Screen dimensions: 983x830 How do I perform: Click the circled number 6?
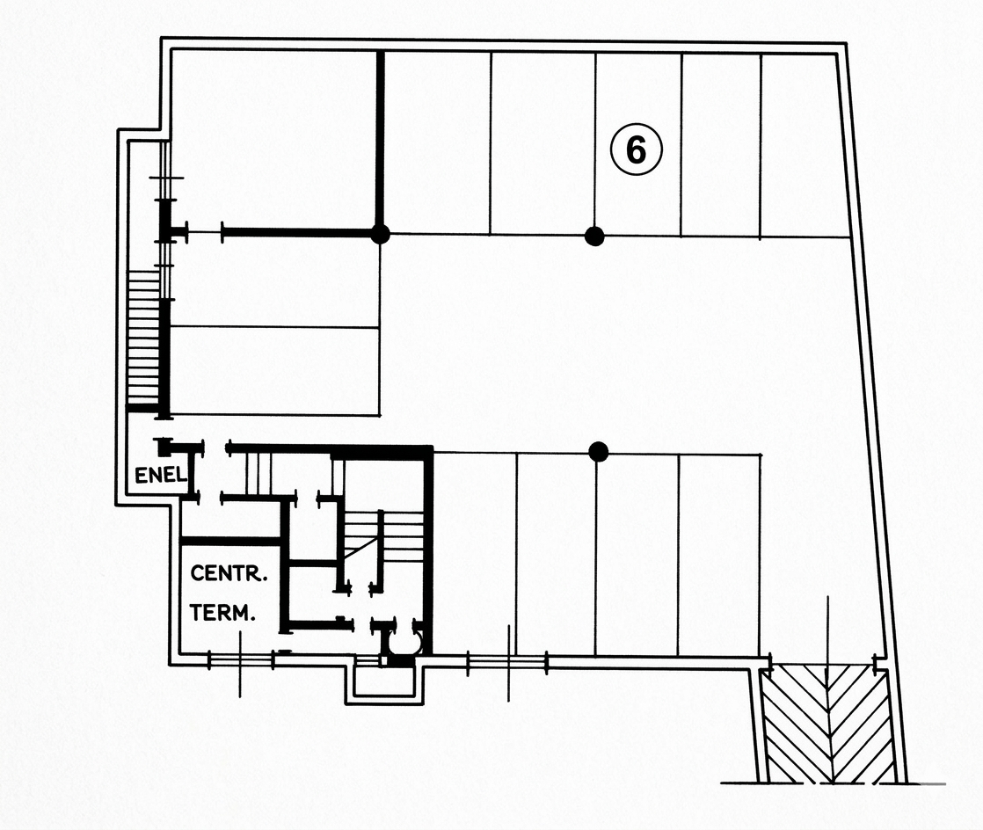pos(637,149)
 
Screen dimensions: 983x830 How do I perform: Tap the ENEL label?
pos(161,475)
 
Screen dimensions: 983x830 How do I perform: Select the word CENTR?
pos(229,573)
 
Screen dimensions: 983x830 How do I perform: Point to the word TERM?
pos(222,613)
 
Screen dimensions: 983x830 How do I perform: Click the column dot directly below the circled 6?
pos(594,237)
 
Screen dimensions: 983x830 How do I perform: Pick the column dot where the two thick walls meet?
pos(380,234)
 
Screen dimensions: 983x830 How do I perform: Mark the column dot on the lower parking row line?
pos(599,451)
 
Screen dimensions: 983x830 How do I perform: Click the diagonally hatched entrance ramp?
pos(827,725)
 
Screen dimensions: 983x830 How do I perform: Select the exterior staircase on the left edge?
pos(143,338)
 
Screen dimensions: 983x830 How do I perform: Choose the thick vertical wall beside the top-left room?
pos(380,141)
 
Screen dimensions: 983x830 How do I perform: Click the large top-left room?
pos(273,142)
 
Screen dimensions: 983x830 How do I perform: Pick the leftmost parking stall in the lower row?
pos(475,554)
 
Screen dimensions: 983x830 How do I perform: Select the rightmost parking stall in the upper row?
pos(804,145)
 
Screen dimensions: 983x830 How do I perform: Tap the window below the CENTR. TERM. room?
pos(241,660)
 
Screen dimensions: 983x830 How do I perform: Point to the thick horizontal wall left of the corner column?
pos(297,233)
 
